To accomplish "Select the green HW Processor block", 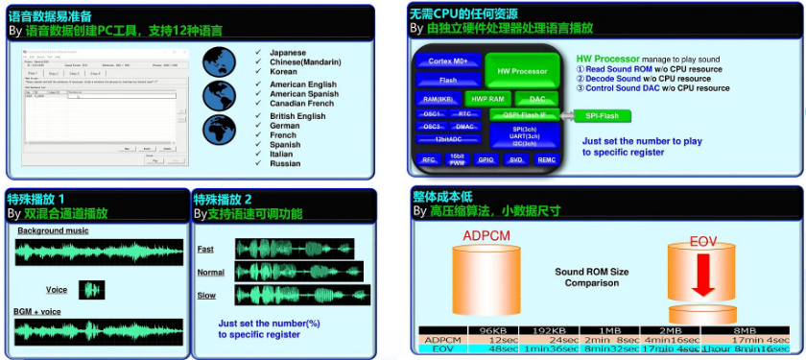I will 522,71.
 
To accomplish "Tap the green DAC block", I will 536,99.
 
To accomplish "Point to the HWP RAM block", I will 488,99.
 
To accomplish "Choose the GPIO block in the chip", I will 487,160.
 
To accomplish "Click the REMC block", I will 546,160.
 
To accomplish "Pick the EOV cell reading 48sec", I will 503,348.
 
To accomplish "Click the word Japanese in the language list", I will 287,52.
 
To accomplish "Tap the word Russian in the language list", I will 285,162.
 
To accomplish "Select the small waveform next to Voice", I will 91,289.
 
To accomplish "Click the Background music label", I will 53,230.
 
